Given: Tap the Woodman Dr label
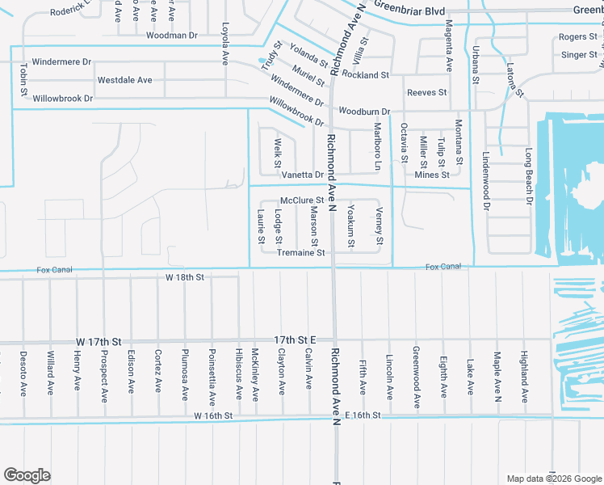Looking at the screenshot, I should click(x=172, y=36).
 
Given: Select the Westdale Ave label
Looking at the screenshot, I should click(x=124, y=80).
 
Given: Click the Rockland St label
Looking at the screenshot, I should click(x=365, y=75).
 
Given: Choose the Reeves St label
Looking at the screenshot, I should click(x=426, y=93).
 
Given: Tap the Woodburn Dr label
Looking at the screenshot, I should click(x=364, y=111).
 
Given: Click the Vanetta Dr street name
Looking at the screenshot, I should click(x=302, y=175).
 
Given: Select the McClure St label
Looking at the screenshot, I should click(x=301, y=200).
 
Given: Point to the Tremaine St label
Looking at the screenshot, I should click(x=300, y=253).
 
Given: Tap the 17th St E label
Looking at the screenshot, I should click(x=293, y=339).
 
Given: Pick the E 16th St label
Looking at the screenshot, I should click(x=362, y=415).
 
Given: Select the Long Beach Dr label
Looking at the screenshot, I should click(x=530, y=175).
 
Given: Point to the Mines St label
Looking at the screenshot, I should click(x=431, y=175).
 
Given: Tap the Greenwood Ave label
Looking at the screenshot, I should click(x=416, y=377).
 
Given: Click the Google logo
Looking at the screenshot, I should click(x=27, y=475).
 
